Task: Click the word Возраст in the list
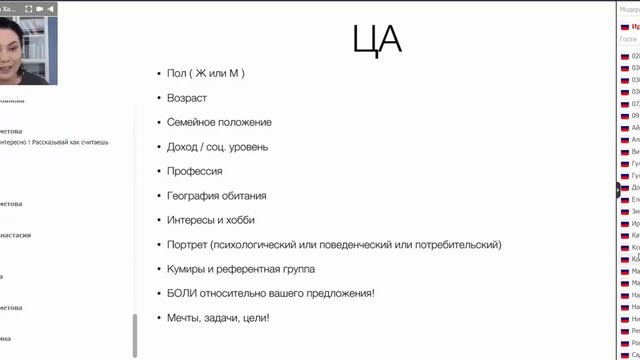[x=187, y=98]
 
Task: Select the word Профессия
[x=195, y=171]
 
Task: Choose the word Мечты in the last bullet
[x=186, y=318]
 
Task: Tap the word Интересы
[x=193, y=220]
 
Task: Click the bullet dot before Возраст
[x=159, y=98]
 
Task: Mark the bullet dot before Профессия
[x=159, y=171]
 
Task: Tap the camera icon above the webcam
[x=41, y=8]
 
